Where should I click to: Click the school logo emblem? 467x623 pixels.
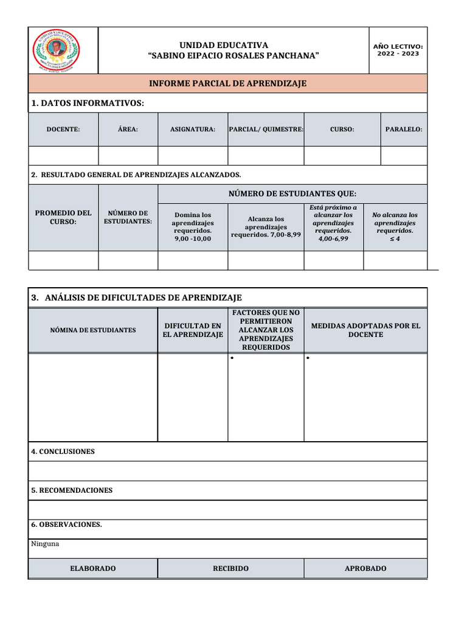click(x=55, y=49)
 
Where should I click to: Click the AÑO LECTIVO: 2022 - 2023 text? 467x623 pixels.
click(x=398, y=50)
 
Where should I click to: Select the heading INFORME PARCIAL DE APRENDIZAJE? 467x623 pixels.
click(x=228, y=83)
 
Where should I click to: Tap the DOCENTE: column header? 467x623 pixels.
click(x=63, y=130)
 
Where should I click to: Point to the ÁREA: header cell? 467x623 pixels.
click(x=128, y=130)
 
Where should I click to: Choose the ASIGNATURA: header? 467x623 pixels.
click(x=193, y=130)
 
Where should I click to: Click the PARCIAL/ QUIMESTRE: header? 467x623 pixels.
click(x=266, y=130)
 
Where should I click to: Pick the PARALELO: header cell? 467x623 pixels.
click(x=404, y=130)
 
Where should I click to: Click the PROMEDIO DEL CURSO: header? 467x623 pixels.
click(x=63, y=217)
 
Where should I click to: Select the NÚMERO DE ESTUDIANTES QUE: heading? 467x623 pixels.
click(x=292, y=194)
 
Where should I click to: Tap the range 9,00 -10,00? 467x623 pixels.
click(x=193, y=239)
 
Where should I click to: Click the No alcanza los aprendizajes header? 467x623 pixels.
click(x=395, y=226)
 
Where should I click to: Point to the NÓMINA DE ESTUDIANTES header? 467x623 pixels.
click(x=93, y=330)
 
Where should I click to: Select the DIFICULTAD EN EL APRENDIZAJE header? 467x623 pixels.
click(x=193, y=330)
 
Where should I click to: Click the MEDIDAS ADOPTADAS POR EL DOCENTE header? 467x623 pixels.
click(x=365, y=330)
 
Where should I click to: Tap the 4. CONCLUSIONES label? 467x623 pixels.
click(x=63, y=451)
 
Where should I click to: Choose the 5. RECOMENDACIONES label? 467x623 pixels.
click(x=72, y=490)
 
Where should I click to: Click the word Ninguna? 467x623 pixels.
click(x=45, y=544)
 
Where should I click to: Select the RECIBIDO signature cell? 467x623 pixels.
click(x=230, y=568)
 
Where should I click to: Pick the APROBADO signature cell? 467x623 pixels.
click(x=365, y=568)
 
